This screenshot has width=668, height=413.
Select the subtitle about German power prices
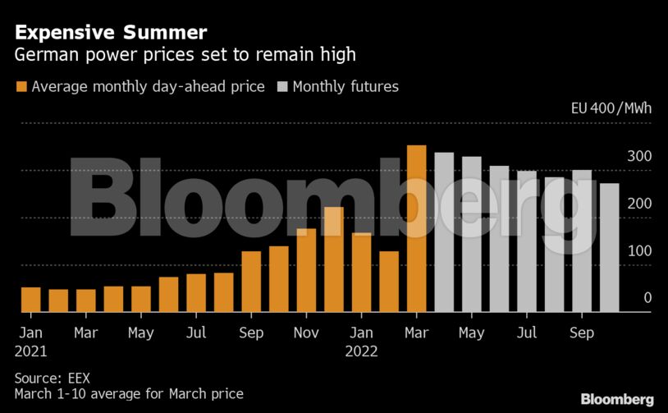[x=185, y=56]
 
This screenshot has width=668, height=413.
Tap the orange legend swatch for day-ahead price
[x=21, y=86]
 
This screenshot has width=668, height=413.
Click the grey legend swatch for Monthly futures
[x=282, y=86]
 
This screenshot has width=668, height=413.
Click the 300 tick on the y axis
[x=639, y=156]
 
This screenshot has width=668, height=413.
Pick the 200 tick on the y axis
[x=639, y=204]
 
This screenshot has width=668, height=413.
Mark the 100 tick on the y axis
[x=639, y=251]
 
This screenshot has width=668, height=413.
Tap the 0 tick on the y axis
[x=647, y=298]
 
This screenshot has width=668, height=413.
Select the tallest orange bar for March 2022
[x=417, y=229]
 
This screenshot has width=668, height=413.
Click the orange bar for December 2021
[x=334, y=259]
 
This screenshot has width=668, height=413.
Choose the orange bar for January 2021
[x=30, y=300]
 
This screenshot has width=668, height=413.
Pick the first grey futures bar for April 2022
[x=444, y=232]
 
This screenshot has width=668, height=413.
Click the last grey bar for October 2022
[x=609, y=247]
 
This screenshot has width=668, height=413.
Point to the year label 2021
[x=30, y=352]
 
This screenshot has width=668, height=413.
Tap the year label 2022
[x=362, y=352]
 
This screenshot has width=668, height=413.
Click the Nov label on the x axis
[x=306, y=333]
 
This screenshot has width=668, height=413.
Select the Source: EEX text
[x=52, y=378]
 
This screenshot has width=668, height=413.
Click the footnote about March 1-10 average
[x=129, y=394]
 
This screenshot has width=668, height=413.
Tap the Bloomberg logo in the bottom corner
[x=617, y=399]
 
